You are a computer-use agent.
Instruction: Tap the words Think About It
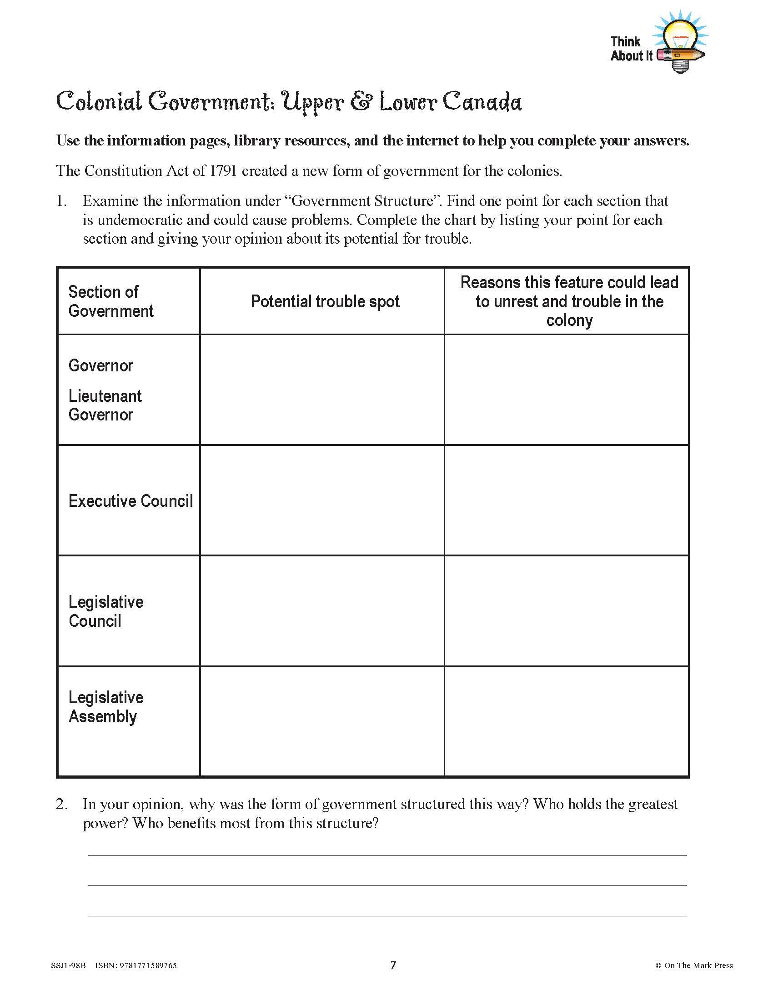point(631,49)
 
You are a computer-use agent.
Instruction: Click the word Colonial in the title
point(99,102)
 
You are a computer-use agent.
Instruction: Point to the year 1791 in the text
point(223,171)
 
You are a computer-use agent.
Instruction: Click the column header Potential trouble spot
point(325,302)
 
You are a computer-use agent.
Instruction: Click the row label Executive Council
point(131,501)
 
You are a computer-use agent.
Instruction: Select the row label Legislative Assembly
point(106,707)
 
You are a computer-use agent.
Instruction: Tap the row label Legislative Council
point(106,611)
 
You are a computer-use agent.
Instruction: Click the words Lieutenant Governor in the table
point(105,405)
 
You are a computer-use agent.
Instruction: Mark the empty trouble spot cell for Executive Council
point(322,500)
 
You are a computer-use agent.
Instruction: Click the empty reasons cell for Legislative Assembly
point(567,721)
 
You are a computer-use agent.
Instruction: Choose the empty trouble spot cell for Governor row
point(322,390)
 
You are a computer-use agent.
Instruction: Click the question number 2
point(61,804)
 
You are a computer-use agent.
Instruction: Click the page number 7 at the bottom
point(393,965)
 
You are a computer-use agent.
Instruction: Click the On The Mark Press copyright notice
point(694,965)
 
